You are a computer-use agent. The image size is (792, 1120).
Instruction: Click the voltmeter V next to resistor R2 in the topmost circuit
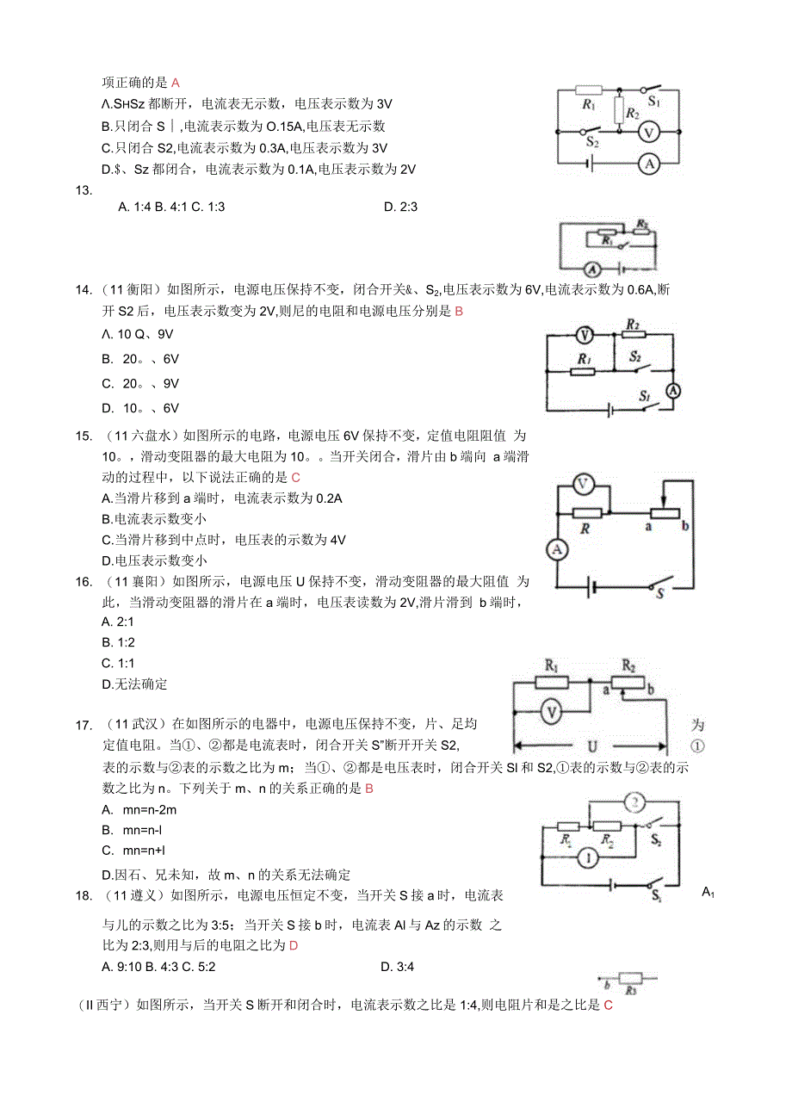(652, 132)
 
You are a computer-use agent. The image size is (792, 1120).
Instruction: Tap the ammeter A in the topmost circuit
(652, 162)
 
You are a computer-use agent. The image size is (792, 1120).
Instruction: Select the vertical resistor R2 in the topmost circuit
(618, 109)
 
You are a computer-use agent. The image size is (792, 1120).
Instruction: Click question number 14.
(84, 290)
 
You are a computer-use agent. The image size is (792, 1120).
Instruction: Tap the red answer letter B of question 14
(459, 311)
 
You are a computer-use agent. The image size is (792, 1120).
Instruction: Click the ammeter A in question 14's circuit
(675, 390)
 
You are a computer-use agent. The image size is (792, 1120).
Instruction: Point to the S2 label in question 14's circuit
(635, 356)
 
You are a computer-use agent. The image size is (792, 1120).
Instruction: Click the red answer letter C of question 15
(295, 477)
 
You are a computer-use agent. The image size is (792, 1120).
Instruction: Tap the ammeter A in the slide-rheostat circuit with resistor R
(557, 550)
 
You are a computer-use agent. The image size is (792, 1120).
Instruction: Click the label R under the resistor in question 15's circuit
(584, 529)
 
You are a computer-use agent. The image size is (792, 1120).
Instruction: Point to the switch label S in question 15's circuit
(660, 594)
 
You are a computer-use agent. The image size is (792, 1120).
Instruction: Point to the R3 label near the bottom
(631, 990)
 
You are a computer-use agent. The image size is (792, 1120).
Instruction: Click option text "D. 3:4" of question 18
(398, 967)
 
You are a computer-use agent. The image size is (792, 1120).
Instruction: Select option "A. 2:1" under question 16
(118, 622)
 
